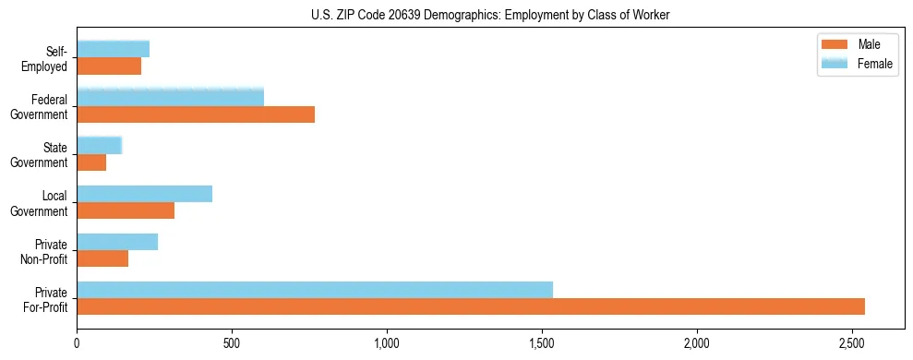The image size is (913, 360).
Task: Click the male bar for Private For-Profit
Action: (x=471, y=306)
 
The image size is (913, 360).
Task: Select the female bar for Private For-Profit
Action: (x=315, y=290)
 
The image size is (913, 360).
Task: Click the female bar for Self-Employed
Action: (x=113, y=49)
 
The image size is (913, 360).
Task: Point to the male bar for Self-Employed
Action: (x=109, y=66)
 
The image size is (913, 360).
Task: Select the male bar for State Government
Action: (x=91, y=162)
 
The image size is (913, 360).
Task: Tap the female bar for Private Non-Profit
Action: (x=117, y=242)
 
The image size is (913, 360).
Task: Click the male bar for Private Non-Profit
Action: (x=102, y=258)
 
